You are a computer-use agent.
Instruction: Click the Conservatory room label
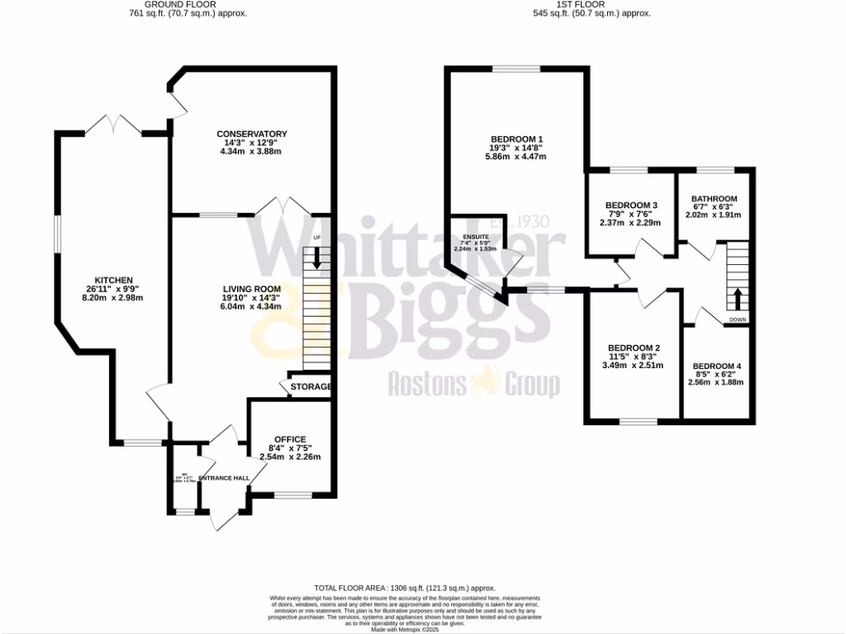pyautogui.click(x=251, y=134)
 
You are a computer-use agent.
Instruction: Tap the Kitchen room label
pyautogui.click(x=113, y=279)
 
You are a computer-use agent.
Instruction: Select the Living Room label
pyautogui.click(x=251, y=287)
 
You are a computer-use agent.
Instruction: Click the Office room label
pyautogui.click(x=289, y=439)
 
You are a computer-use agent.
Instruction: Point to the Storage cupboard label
pyautogui.click(x=311, y=387)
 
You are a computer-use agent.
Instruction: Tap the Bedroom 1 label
pyautogui.click(x=516, y=138)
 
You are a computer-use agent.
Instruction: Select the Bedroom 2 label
pyautogui.click(x=633, y=348)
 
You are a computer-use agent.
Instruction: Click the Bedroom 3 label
pyautogui.click(x=631, y=205)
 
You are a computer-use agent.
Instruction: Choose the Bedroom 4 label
pyautogui.click(x=717, y=366)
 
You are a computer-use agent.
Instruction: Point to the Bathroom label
pyautogui.click(x=714, y=199)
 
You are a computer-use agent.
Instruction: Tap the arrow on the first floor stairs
pyautogui.click(x=738, y=299)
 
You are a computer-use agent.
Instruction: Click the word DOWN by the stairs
pyautogui.click(x=738, y=319)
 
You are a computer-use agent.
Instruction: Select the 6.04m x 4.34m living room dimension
pyautogui.click(x=251, y=306)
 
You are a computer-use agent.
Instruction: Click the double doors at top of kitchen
pyautogui.click(x=116, y=125)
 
